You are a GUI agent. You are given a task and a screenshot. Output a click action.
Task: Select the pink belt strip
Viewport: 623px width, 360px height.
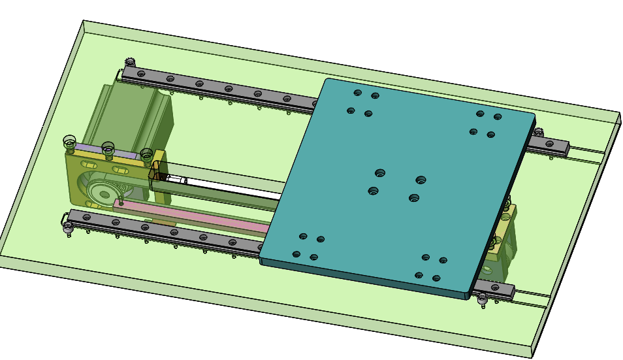[x=196, y=216]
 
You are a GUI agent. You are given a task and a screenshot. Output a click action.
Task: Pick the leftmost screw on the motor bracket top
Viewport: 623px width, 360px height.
[x=69, y=141]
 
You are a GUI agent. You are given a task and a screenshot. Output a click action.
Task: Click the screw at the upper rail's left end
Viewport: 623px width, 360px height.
[x=129, y=63]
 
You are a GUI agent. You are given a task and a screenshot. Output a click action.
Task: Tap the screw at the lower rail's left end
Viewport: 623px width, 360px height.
[x=67, y=227]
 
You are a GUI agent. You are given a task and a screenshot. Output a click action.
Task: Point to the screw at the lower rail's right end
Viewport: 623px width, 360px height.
[x=483, y=300]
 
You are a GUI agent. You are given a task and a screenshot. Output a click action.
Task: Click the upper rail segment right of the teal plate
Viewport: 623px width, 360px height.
[x=552, y=145]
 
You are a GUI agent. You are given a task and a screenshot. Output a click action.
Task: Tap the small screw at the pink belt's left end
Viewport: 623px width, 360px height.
[x=120, y=202]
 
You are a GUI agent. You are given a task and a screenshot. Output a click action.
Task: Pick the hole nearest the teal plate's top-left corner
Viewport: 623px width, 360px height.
[x=357, y=93]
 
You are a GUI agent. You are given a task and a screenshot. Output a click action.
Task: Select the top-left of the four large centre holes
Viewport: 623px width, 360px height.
[x=380, y=173]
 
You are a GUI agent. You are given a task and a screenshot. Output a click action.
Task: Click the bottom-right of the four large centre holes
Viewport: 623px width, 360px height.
[x=413, y=198]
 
